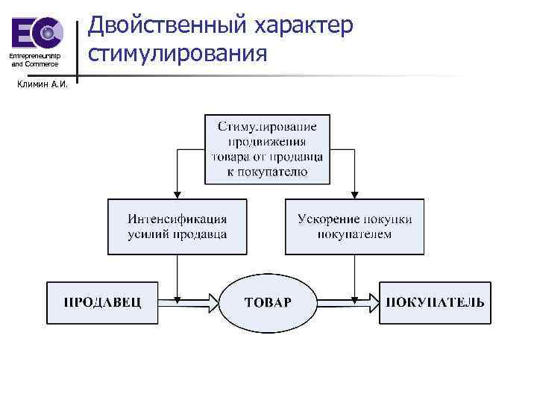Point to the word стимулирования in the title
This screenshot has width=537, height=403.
point(177,53)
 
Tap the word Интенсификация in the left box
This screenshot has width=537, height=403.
point(178,219)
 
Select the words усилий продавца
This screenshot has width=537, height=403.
point(178,234)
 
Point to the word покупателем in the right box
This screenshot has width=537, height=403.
point(354,234)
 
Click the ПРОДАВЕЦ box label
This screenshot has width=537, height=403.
point(101,303)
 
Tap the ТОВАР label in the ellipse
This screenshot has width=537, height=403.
point(268,303)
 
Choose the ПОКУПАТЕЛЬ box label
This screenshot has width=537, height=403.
point(435,303)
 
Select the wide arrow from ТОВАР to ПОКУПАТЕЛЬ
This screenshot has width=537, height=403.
point(346,302)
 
